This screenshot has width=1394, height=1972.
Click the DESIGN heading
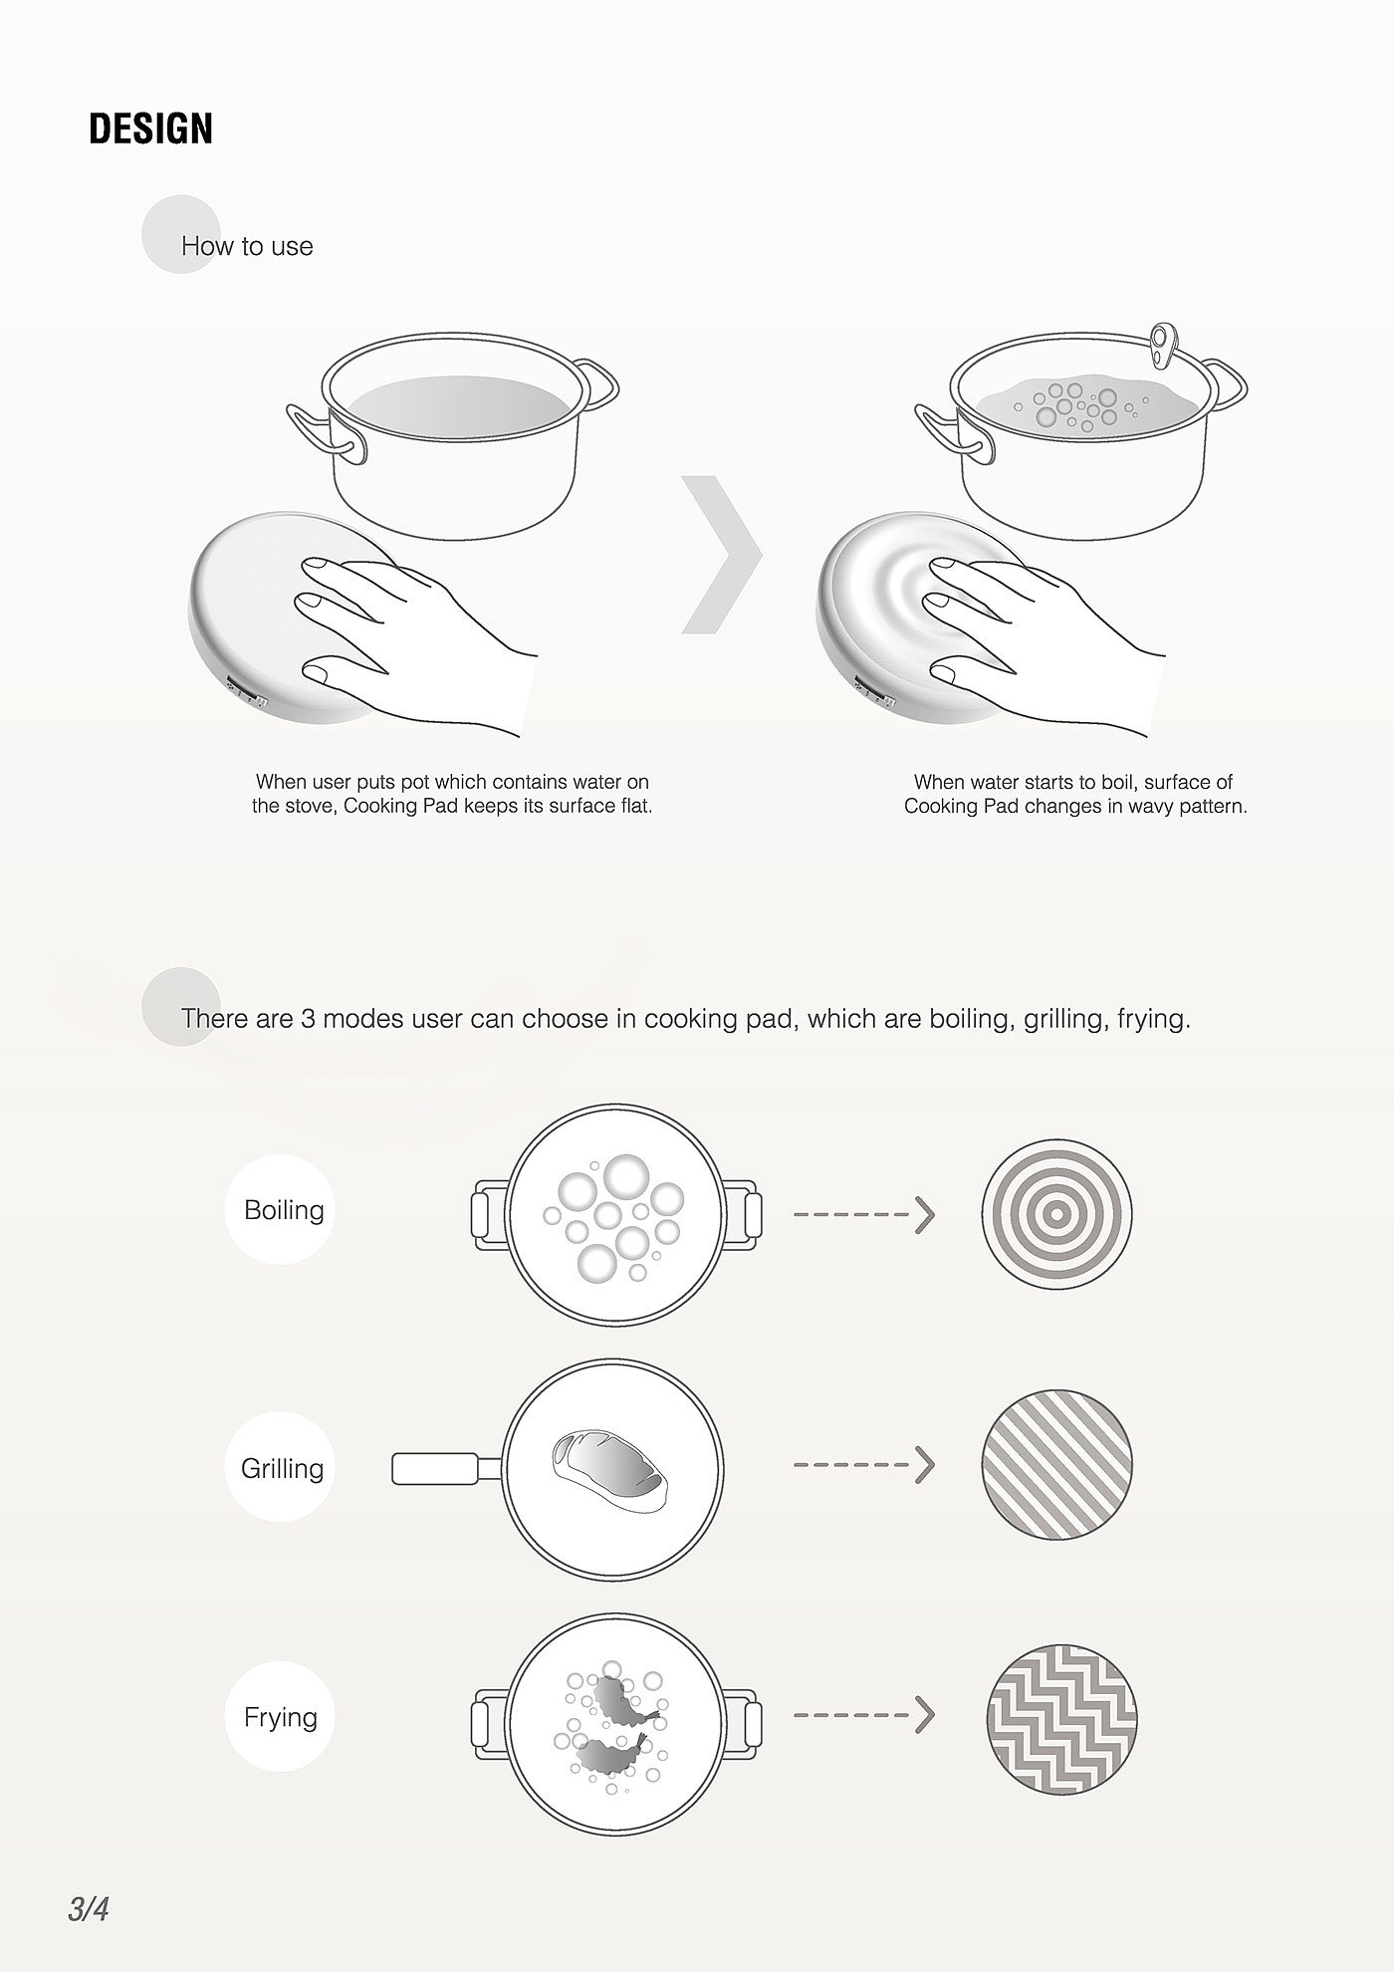tap(150, 129)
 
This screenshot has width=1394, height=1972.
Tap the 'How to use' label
tap(247, 246)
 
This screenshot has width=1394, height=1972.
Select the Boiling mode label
tap(284, 1210)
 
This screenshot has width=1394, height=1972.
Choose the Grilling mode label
tap(282, 1468)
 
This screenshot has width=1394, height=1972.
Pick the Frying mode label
tap(281, 1717)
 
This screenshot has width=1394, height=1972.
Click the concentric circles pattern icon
tap(1057, 1213)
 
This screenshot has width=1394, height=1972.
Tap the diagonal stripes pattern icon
tap(1057, 1465)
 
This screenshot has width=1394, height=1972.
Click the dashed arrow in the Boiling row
tap(864, 1215)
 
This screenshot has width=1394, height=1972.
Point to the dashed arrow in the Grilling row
tap(864, 1465)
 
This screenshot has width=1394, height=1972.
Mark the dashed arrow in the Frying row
tap(864, 1715)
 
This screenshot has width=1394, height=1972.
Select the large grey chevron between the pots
tap(722, 554)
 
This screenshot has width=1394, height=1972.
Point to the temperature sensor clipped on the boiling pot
tap(1162, 344)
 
